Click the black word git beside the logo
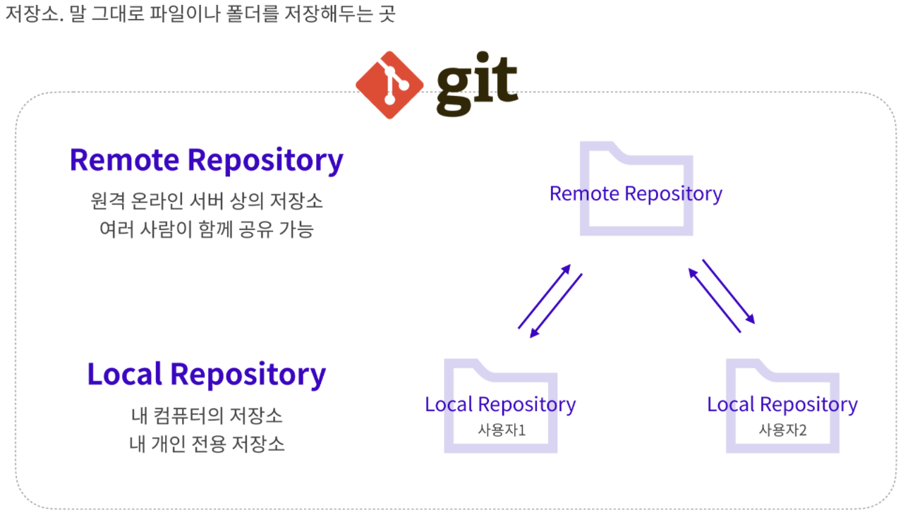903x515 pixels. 477,85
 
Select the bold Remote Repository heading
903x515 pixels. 206,160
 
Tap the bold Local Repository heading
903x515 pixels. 206,374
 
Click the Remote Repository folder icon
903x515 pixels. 636,188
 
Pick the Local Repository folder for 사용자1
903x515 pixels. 500,406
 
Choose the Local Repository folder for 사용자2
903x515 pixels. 782,406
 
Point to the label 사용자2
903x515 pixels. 782,429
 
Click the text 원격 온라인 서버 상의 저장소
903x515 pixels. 207,201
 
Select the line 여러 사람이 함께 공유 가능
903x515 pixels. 207,229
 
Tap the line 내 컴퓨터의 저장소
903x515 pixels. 207,415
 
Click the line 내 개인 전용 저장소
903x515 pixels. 207,444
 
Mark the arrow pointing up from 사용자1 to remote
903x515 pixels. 544,296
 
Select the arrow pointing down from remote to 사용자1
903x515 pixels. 557,305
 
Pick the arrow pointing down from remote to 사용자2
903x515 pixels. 728,291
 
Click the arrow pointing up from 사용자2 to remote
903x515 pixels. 715,300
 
